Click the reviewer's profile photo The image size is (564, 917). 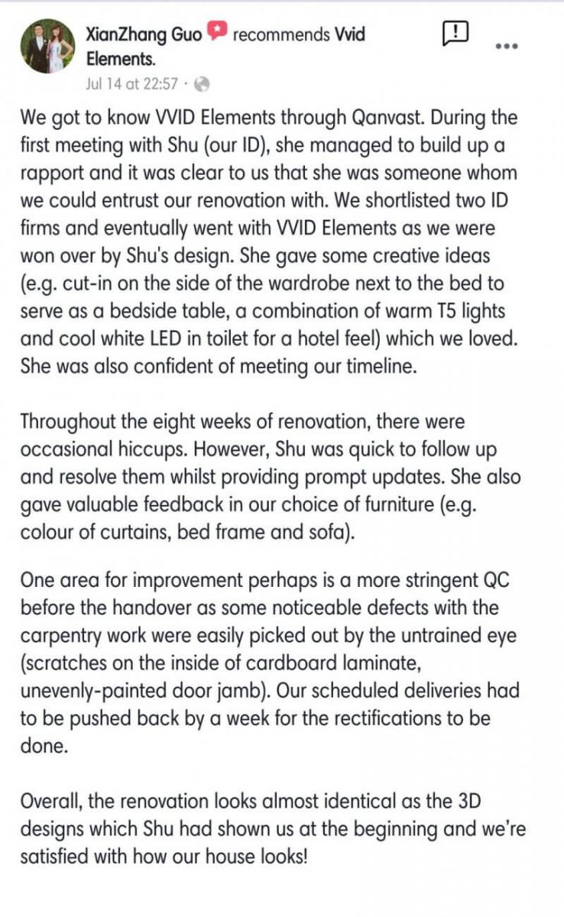click(x=47, y=47)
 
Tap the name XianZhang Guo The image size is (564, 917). click(x=144, y=34)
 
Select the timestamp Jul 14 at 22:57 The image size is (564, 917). click(x=131, y=84)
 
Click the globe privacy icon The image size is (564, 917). click(x=203, y=84)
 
